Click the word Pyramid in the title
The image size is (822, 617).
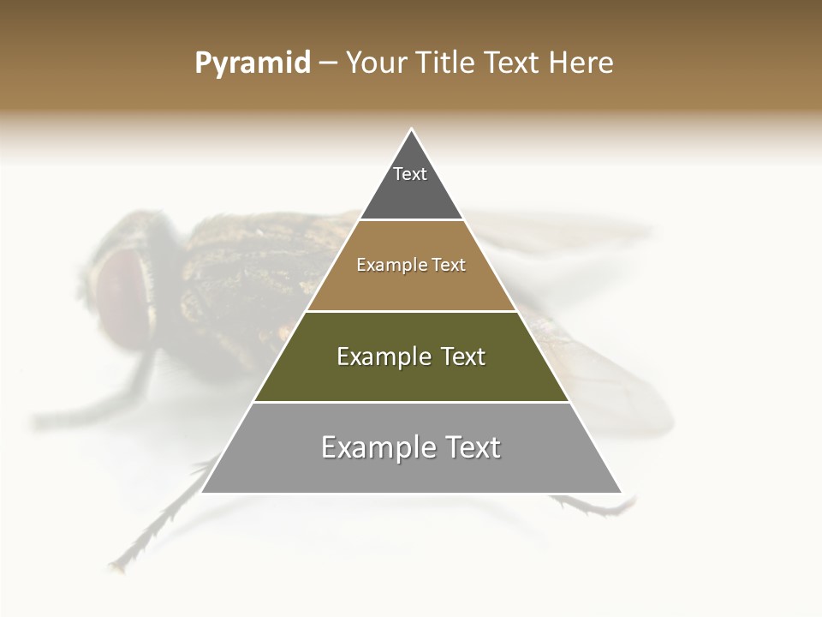click(x=252, y=63)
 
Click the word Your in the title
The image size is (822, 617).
click(x=375, y=63)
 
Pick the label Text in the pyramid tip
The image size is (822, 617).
click(x=410, y=174)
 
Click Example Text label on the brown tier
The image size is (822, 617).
click(x=411, y=265)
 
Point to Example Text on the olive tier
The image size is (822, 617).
click(x=411, y=356)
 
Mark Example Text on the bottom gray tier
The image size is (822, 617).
click(x=411, y=447)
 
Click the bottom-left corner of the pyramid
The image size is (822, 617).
click(x=203, y=492)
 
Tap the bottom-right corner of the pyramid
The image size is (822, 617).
click(x=620, y=492)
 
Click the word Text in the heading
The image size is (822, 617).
click(x=512, y=63)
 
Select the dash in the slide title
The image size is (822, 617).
click(x=327, y=63)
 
